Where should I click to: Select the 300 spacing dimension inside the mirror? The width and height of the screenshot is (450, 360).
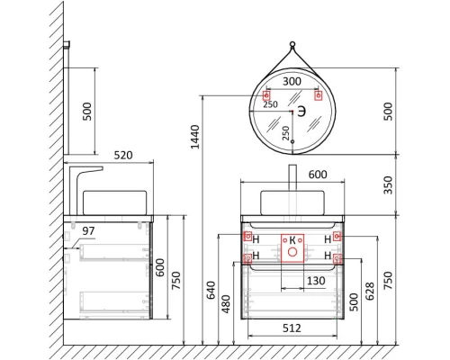point(292,81)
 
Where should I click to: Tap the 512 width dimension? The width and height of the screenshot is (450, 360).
point(291,328)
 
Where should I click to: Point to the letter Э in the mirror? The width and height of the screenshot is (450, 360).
point(303,110)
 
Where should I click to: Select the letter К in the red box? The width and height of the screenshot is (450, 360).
point(291,239)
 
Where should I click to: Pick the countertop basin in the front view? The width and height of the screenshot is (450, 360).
point(292,202)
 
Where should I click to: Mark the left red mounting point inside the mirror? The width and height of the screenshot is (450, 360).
point(266,94)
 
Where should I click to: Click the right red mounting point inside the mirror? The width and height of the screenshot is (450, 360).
point(318,94)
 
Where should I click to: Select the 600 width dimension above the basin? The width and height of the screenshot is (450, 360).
point(292,175)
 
